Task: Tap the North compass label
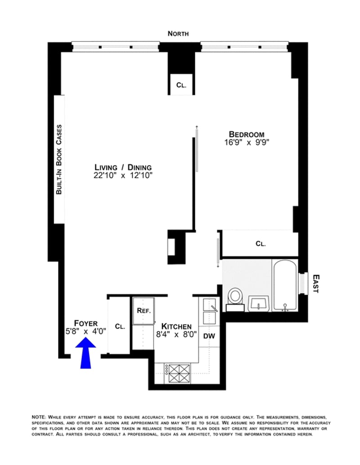(x=178, y=34)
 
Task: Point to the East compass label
(x=316, y=284)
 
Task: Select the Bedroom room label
(x=247, y=134)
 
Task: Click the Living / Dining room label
(x=123, y=167)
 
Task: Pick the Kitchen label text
(x=176, y=326)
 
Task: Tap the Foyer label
(x=86, y=323)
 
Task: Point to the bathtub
(x=285, y=285)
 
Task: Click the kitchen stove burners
(x=179, y=373)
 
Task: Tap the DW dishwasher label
(x=209, y=336)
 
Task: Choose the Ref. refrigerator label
(x=144, y=311)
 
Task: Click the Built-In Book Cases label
(x=59, y=160)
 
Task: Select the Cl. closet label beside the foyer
(x=120, y=326)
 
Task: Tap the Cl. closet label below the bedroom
(x=261, y=244)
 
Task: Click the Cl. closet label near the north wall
(x=181, y=85)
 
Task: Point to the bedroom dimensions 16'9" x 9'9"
(x=247, y=143)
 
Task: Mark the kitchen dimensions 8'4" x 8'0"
(x=176, y=335)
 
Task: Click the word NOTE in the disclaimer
(x=39, y=417)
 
